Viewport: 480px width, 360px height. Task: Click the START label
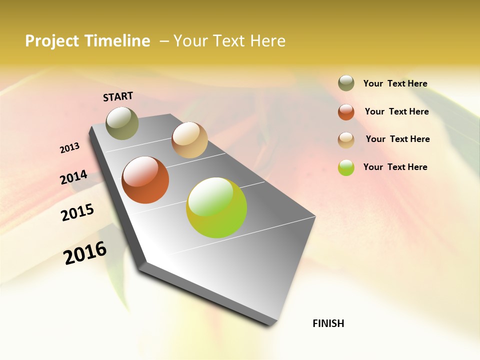(x=118, y=96)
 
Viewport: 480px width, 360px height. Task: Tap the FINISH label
(x=328, y=323)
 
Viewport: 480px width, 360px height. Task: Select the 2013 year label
(x=69, y=147)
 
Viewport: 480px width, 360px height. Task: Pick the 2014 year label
(x=73, y=177)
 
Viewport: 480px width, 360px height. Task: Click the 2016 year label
(x=85, y=252)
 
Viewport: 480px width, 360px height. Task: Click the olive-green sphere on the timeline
(x=122, y=123)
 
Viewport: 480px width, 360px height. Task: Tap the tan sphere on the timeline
(x=189, y=140)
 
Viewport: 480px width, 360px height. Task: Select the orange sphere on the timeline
(x=145, y=180)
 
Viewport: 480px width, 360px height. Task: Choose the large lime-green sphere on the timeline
(x=216, y=207)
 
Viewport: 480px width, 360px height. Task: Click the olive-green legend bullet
(x=346, y=83)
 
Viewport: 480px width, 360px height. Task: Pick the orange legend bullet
(x=346, y=112)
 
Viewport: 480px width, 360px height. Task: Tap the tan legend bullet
(x=346, y=140)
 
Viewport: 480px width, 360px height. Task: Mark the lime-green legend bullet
(x=346, y=167)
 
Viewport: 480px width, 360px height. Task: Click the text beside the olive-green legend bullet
(x=395, y=83)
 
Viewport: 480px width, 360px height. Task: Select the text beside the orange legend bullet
(x=396, y=111)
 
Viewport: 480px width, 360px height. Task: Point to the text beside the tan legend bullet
(x=397, y=139)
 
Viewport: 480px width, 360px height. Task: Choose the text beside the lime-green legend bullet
(x=395, y=167)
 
